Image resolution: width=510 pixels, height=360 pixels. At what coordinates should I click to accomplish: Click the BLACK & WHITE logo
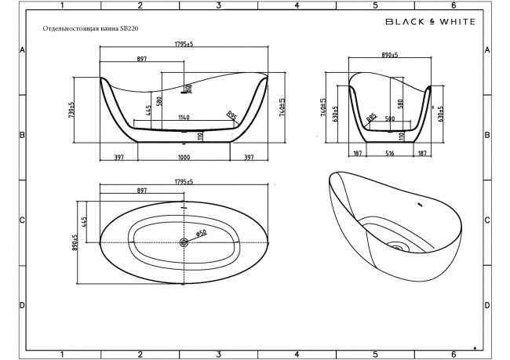coord(429,22)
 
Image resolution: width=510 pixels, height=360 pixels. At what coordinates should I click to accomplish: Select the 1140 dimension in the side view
coord(183,118)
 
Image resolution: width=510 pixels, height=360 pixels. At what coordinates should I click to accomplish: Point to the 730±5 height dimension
coord(72,110)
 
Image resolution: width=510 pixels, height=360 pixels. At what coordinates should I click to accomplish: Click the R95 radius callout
coord(231,116)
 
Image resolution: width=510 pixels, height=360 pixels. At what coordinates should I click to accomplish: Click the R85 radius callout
coord(371,118)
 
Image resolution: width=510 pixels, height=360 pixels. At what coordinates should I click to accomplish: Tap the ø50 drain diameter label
coord(201,233)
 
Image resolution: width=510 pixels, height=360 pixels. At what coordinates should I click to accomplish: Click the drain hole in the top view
coord(184,243)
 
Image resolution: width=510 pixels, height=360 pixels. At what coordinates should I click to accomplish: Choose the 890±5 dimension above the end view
coord(390,56)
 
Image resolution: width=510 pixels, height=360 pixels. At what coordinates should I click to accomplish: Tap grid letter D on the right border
coord(487,305)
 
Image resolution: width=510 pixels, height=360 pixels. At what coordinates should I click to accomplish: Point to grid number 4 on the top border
coord(297,5)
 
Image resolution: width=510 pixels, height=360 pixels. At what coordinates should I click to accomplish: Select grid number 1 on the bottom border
coord(61,354)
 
